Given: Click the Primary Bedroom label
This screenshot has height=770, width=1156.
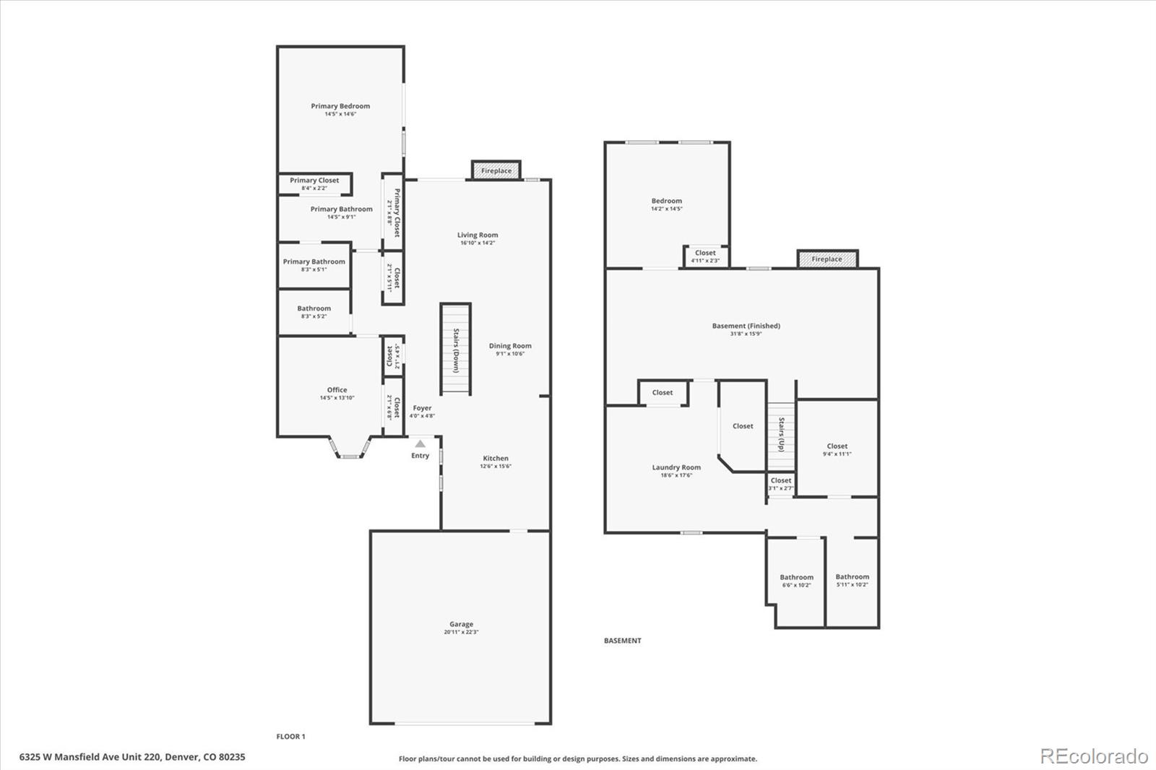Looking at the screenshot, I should coord(340,106).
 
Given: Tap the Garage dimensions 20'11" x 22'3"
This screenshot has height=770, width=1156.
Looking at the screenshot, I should coord(461,632).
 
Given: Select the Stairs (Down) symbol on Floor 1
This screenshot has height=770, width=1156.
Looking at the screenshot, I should coord(456,349).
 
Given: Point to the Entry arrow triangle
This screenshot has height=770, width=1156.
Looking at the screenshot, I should coord(420,444).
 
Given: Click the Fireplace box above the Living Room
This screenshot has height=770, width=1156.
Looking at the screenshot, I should coord(496,170).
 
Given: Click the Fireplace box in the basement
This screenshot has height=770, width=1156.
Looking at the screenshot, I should coord(827,259).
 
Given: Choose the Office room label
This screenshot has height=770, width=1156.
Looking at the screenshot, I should coord(337,390).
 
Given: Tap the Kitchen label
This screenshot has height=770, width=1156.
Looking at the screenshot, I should coord(496,459).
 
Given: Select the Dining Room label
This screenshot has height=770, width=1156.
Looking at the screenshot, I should coord(510,346).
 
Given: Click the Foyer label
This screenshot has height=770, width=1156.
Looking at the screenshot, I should coord(422,408).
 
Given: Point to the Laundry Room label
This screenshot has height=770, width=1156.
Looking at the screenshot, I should coord(676,467).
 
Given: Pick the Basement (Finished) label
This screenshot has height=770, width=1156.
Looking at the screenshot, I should coord(746,326).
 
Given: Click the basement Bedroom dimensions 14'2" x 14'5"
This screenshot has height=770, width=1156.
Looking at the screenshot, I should coord(666,209).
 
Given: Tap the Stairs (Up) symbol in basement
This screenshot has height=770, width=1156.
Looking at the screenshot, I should coord(781,434).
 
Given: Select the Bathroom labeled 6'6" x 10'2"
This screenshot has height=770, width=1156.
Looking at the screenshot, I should coord(796,581).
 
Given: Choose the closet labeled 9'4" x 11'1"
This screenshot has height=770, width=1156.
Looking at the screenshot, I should coord(837,450).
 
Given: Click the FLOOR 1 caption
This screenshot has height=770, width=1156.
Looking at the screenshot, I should coord(291,737).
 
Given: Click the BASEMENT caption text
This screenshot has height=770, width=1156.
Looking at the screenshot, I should coord(622,641).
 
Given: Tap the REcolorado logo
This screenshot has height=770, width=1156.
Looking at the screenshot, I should coord(1093,756).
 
